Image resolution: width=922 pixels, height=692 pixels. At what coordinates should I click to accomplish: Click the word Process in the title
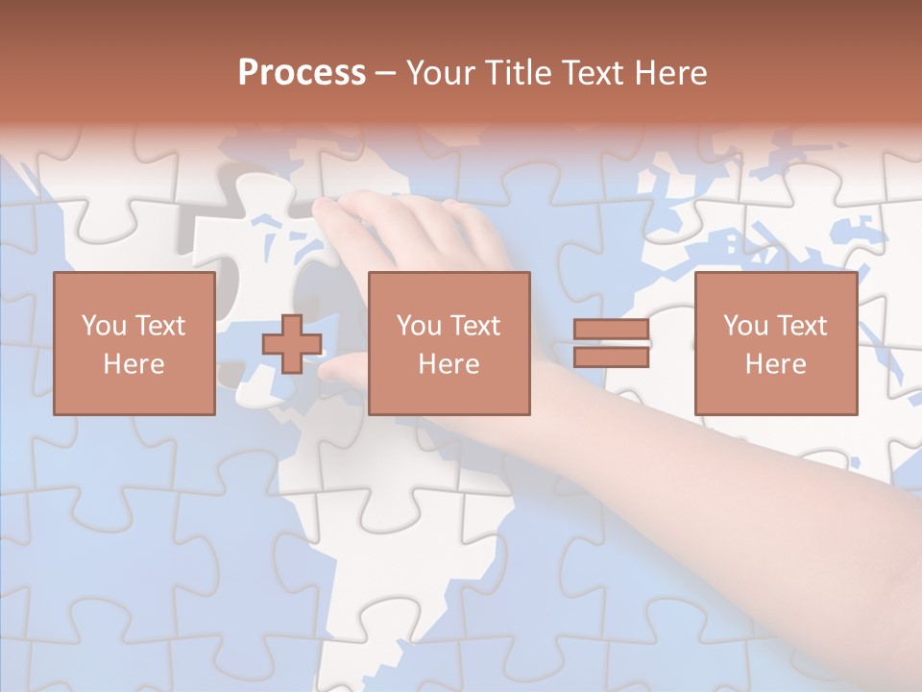point(302,73)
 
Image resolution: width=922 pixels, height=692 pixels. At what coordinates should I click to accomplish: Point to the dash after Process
point(386,74)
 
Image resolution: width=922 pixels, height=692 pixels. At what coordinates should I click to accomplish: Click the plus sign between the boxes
point(292,343)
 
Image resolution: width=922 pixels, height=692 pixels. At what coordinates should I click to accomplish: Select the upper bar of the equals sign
point(611,330)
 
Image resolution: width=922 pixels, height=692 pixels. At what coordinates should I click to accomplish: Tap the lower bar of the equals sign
point(611,357)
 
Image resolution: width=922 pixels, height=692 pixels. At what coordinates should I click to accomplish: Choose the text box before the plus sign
point(134,343)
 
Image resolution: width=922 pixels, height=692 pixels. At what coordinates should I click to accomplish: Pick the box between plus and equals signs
point(449,343)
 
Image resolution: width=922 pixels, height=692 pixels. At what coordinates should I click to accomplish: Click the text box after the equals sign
point(775,343)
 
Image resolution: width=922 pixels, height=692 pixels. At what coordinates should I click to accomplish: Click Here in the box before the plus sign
point(134,364)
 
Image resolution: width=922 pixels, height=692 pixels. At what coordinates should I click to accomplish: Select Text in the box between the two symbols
point(475,326)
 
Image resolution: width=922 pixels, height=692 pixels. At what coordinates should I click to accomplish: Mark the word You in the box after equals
point(745,326)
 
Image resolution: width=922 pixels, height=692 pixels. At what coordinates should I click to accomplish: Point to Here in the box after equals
point(775,364)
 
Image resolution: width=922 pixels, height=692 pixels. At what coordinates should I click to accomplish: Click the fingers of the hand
point(384,221)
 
